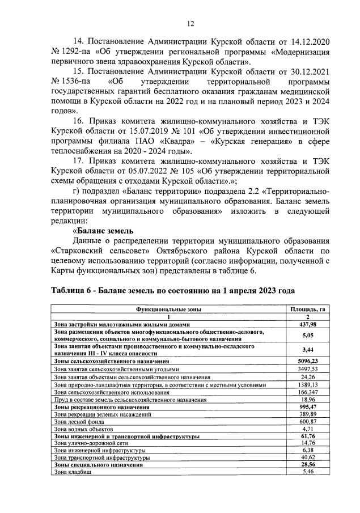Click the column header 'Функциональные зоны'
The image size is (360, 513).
pos(168,309)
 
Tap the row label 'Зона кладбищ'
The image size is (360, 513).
pos(72,472)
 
